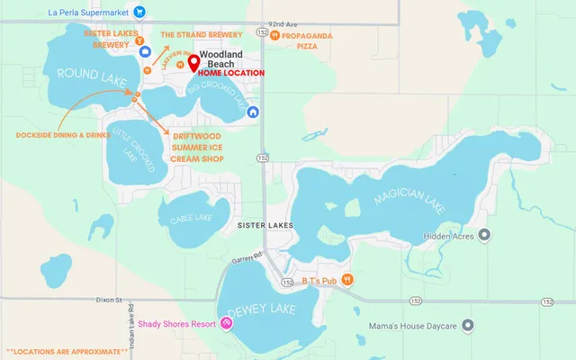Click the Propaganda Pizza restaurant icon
pyautogui.click(x=274, y=35)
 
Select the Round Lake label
pyautogui.click(x=83, y=73)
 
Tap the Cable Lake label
pyautogui.click(x=190, y=218)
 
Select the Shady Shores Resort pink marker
pyautogui.click(x=226, y=323)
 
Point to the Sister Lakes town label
pyautogui.click(x=262, y=220)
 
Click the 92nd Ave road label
pyautogui.click(x=283, y=24)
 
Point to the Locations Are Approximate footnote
pyautogui.click(x=67, y=350)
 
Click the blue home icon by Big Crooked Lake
pyautogui.click(x=254, y=112)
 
